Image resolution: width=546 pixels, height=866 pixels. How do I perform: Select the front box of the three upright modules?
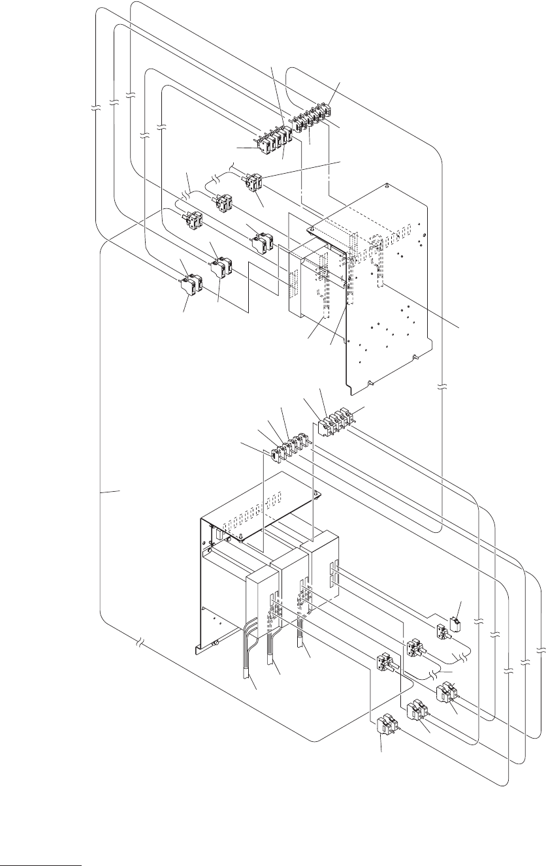click(262, 604)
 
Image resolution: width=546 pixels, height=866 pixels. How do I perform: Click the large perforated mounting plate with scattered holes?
click(392, 294)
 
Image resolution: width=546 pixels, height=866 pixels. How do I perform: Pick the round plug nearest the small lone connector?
click(444, 632)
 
